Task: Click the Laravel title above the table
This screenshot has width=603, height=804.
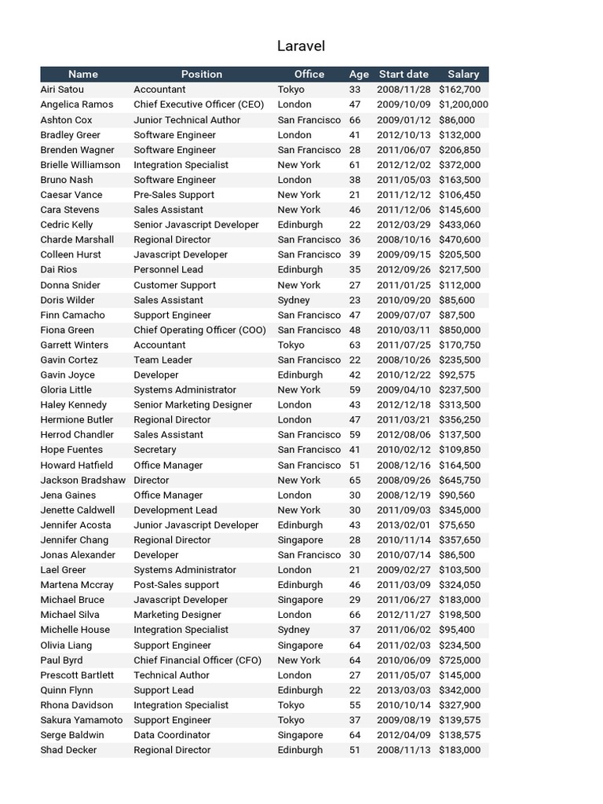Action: (x=301, y=46)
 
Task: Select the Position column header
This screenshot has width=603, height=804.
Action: (x=202, y=74)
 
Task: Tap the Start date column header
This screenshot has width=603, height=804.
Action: (x=404, y=74)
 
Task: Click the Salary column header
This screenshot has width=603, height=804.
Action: (x=463, y=74)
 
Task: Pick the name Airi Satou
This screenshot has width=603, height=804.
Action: (x=63, y=90)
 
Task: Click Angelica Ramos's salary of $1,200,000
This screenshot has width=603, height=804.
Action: (x=463, y=104)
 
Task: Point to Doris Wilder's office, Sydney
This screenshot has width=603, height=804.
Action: (x=294, y=300)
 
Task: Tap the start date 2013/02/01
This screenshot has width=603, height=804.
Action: (x=404, y=525)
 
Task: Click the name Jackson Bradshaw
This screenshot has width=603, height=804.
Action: (x=82, y=480)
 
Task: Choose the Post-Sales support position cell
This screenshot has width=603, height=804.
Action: (x=177, y=585)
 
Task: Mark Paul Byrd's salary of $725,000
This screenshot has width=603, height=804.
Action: (x=460, y=660)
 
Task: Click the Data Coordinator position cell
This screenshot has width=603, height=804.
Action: (x=172, y=735)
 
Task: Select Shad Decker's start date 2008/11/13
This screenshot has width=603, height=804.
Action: (x=404, y=750)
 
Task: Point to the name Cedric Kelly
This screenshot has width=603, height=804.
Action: (x=67, y=225)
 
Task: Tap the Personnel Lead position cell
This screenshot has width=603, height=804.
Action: (x=168, y=269)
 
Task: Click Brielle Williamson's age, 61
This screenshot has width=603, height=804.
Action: (x=355, y=165)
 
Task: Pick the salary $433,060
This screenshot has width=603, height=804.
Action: (x=460, y=225)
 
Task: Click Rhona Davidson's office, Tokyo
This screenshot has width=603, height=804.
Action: (x=291, y=705)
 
